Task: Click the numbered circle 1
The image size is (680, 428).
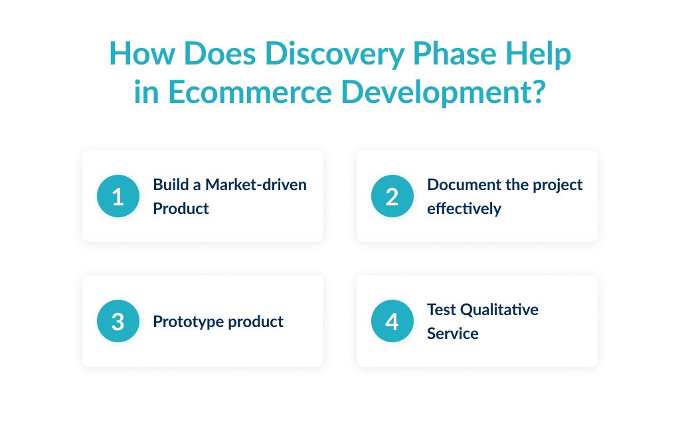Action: click(118, 197)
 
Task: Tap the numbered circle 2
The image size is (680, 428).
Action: click(392, 197)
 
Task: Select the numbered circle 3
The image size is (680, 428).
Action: click(118, 322)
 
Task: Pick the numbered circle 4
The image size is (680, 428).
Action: click(392, 322)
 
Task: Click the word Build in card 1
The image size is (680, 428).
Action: click(169, 184)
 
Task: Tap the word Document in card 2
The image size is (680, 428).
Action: click(460, 184)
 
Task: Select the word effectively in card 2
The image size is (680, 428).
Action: click(464, 209)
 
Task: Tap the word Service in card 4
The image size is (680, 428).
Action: click(452, 334)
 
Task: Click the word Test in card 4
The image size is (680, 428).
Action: click(441, 310)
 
